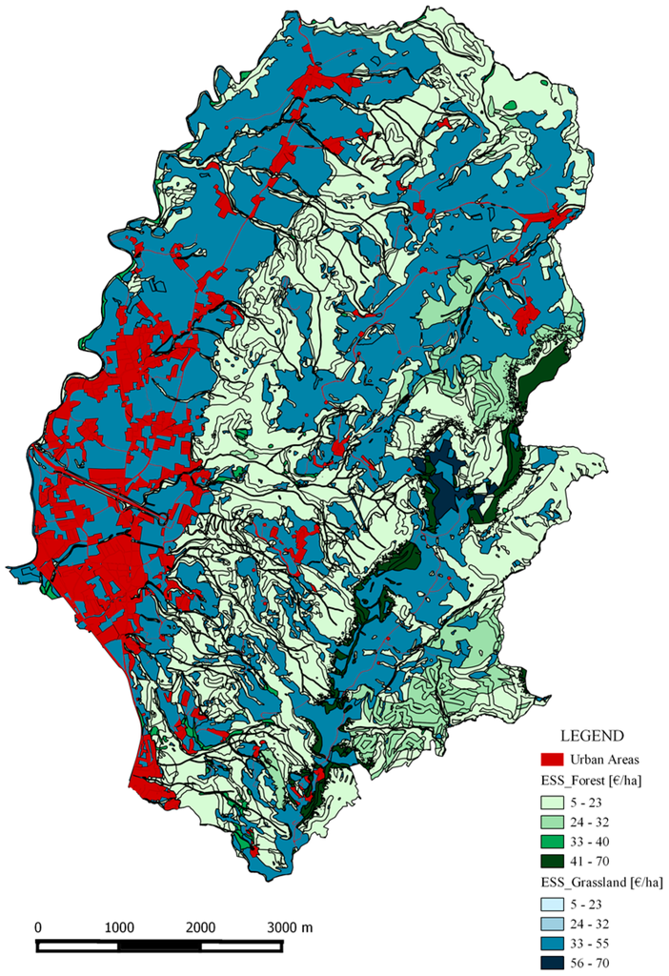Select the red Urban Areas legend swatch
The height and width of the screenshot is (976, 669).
click(x=549, y=760)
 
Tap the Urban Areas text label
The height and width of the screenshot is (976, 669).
click(x=603, y=760)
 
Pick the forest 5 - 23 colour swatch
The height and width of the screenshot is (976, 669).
click(x=549, y=803)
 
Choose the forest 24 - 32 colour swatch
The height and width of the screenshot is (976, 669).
click(x=549, y=822)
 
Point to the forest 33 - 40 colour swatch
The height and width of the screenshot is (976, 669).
click(x=549, y=841)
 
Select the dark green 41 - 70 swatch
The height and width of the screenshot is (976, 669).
click(x=549, y=860)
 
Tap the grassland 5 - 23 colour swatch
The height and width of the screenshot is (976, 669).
click(x=549, y=904)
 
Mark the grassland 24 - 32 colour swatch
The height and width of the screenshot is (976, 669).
click(x=549, y=923)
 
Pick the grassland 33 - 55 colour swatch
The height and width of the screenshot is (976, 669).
click(x=549, y=942)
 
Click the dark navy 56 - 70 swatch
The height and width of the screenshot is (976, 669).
click(x=549, y=961)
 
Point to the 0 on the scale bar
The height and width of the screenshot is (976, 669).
click(x=38, y=926)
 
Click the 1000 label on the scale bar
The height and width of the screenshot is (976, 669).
click(x=119, y=926)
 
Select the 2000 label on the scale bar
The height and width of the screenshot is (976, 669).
click(x=201, y=926)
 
